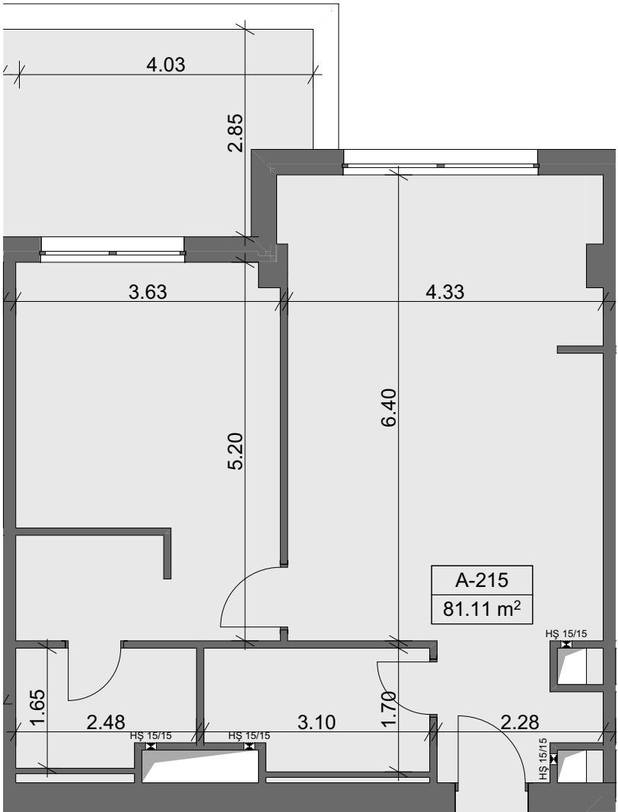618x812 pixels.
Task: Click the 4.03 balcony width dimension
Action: (x=166, y=65)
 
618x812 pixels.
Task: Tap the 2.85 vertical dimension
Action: (x=235, y=132)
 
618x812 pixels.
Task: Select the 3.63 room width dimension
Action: (x=148, y=292)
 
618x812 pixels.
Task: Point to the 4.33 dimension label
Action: (x=444, y=292)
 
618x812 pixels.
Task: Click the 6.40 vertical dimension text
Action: (x=388, y=408)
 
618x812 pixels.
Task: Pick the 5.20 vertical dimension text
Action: (x=235, y=451)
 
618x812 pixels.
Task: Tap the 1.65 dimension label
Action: (x=37, y=708)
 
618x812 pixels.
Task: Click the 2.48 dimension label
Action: (x=106, y=722)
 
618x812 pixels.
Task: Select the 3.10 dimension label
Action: (x=317, y=722)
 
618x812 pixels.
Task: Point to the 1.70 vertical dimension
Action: (x=388, y=709)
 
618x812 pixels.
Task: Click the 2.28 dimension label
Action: (x=520, y=722)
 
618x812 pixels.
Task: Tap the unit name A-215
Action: (x=482, y=580)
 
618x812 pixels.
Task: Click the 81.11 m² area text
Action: (x=482, y=609)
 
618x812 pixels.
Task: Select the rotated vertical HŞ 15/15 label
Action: (x=543, y=760)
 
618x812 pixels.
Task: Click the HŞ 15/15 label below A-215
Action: (x=567, y=633)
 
